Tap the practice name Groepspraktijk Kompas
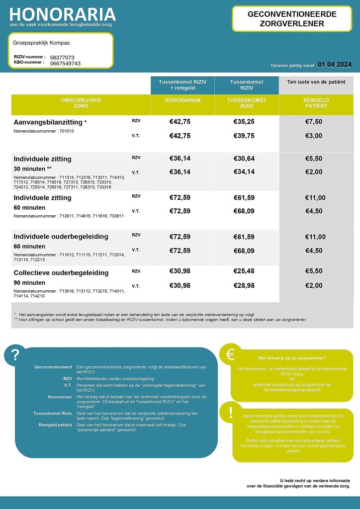(41, 43)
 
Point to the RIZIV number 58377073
(62, 58)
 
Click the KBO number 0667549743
(65, 64)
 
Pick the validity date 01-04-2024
(335, 64)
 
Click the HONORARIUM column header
(182, 100)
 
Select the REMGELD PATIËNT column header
(316, 103)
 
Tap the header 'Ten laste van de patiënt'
(316, 82)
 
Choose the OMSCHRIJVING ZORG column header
(81, 103)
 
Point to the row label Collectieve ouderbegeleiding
(61, 273)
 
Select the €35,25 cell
(244, 121)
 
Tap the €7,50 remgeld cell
(314, 121)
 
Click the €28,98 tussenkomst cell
(244, 285)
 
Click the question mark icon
(15, 355)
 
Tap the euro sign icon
(230, 354)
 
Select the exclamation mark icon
(230, 413)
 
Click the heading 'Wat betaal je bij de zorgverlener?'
(292, 358)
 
